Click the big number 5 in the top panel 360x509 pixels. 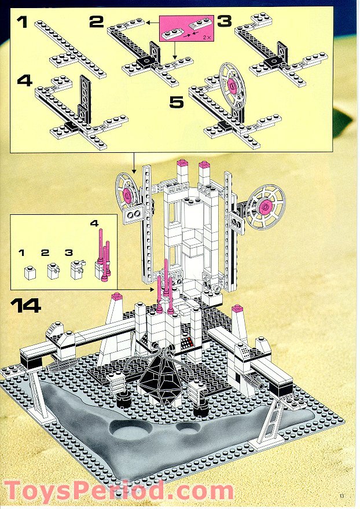(x=176, y=102)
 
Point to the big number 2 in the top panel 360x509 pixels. (x=96, y=23)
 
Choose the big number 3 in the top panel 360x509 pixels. (x=223, y=22)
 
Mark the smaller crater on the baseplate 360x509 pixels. (x=188, y=429)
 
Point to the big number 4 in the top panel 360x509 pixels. (x=24, y=80)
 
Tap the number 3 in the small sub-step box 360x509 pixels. (x=69, y=253)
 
